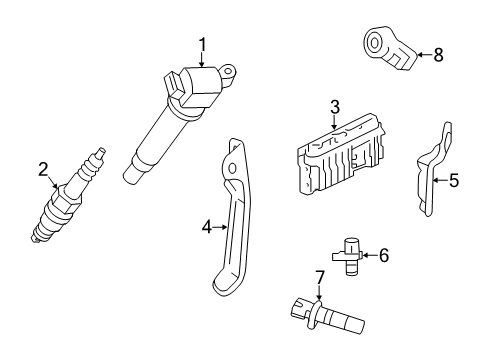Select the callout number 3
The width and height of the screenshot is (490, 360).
click(x=335, y=106)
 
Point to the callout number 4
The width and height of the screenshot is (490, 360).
click(x=207, y=228)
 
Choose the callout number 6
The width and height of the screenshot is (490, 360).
click(x=383, y=256)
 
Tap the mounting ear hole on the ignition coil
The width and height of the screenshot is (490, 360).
click(x=230, y=71)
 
